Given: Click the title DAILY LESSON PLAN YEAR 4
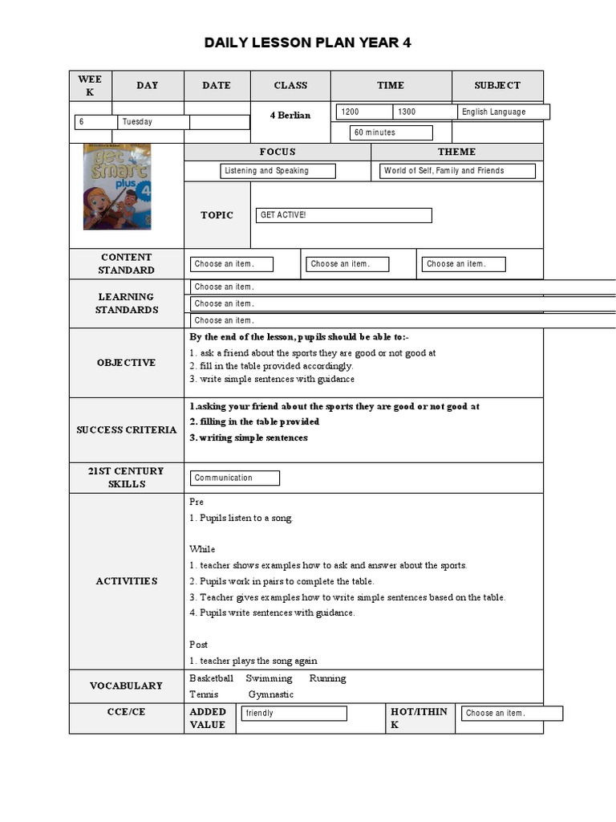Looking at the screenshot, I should pos(307,43).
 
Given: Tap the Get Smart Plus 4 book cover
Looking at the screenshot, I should pos(117,186).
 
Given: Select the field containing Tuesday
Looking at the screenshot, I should pos(154,122).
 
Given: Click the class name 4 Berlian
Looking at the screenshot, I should pos(290,115).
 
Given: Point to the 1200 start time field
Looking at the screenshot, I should pos(364,112).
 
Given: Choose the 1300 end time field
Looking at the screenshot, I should pos(424,112).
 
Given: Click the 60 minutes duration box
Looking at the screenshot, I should pos(391,132).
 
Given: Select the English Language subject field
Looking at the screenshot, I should pos(503,112).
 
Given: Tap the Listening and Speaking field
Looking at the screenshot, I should pos(278,171).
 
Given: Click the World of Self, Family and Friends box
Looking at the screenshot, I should pos(457,171).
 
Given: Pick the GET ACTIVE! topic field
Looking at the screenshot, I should pos(343,215).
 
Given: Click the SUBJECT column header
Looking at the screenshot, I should pos(497,85).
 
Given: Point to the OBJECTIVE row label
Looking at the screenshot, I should pos(126,363).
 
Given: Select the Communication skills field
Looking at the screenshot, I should pos(235,478).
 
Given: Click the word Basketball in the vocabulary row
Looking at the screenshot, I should pos(211,678).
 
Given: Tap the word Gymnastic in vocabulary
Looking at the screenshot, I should pos(271,694).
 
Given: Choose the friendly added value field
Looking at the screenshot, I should pos(294,714).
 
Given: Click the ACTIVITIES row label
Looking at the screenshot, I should pos(126,581).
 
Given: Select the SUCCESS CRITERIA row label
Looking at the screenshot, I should pos(126,430).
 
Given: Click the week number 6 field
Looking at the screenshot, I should pos(96,122).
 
